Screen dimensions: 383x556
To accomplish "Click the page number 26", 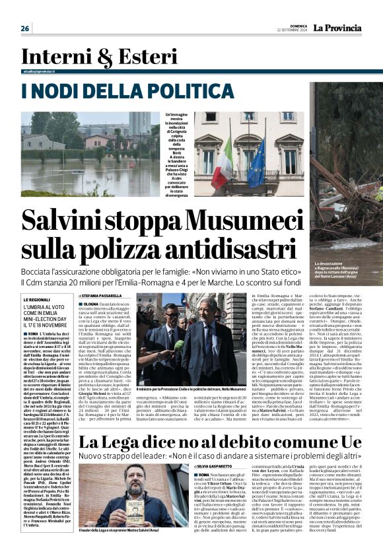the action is click(x=25, y=28).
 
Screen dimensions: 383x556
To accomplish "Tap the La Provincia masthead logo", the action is click(x=337, y=28).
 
